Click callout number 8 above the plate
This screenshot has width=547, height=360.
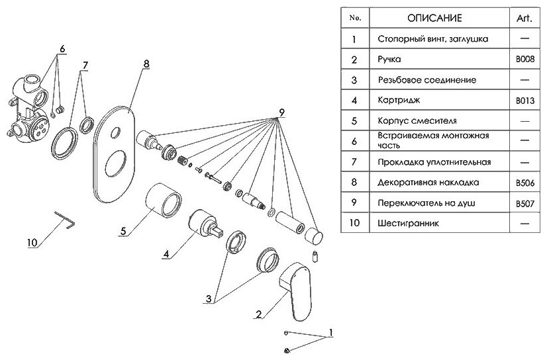point(146,64)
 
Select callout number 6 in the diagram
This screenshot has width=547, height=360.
point(62,48)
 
